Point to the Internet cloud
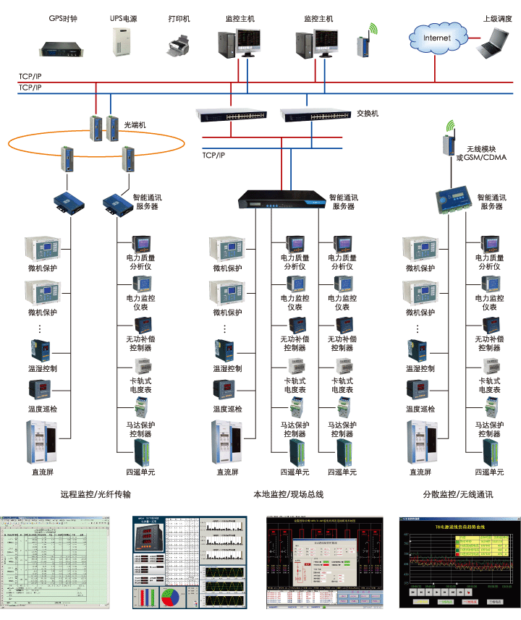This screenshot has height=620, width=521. [436, 37]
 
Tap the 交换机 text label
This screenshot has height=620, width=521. [368, 114]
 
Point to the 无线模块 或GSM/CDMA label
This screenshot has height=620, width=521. [480, 153]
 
